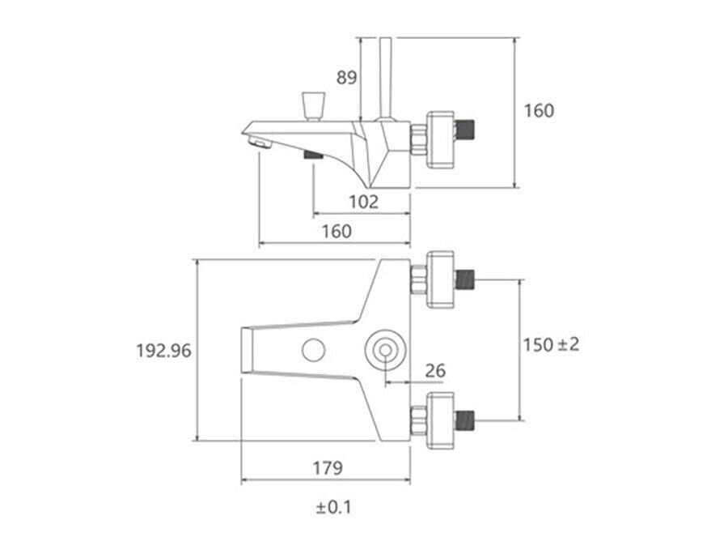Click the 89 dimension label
point(347,78)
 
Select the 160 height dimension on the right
point(540,110)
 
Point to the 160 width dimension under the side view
point(336,231)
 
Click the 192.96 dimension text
point(163,351)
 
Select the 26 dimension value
point(435,371)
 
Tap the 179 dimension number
point(327,467)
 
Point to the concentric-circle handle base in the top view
point(383,350)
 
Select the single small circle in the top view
point(312,350)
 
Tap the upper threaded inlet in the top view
point(467,280)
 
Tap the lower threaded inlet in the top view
point(467,420)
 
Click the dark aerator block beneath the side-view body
point(311,154)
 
